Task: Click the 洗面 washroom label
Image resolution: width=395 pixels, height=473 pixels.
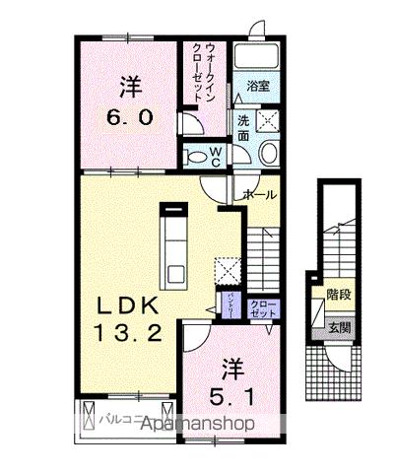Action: click(243, 128)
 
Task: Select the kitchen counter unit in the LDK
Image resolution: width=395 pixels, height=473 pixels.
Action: click(175, 246)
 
